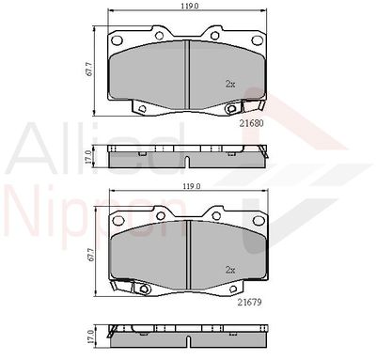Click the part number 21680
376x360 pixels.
pos(251,123)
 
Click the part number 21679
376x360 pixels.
pos(249,302)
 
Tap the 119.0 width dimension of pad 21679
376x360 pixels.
pos(192,186)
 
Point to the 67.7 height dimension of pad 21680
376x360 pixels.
pos(89,69)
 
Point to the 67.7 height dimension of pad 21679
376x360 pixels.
pos(91,255)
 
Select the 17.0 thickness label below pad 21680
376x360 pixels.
pos(88,157)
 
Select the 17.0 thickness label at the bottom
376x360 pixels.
pos(90,337)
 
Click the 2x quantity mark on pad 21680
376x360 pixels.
pos(230,84)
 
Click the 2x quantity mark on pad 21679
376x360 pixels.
pos(230,270)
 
